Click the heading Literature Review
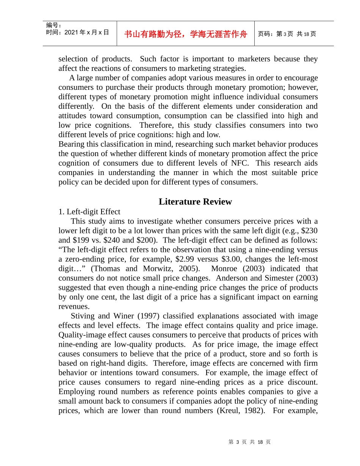pos(195,202)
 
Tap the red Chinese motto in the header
pos(186,34)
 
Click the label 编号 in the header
pos(53,25)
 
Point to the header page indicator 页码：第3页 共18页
pos(287,34)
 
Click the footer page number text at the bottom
pos(250,442)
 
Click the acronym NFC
pos(240,163)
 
